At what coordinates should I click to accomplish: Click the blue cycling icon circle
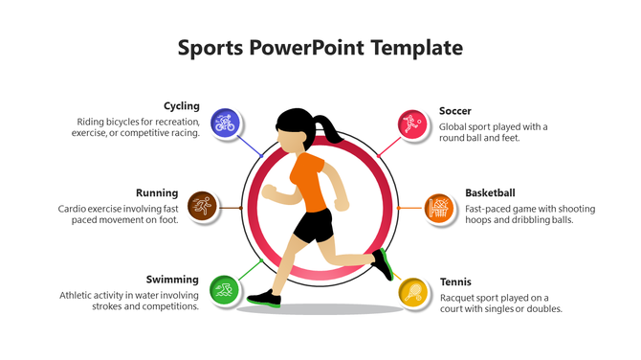(225, 123)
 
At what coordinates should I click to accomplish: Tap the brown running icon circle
(201, 206)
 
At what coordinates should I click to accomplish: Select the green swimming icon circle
(224, 289)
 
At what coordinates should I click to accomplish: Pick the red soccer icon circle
(412, 123)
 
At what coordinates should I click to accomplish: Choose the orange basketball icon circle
(438, 206)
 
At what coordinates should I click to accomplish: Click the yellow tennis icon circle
(412, 289)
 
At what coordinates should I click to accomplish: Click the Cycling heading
(182, 106)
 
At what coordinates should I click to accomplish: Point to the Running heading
(157, 192)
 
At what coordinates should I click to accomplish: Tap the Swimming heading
(172, 280)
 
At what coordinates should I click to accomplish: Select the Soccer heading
(455, 111)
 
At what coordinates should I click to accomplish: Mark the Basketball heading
(490, 192)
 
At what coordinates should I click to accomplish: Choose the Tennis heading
(455, 282)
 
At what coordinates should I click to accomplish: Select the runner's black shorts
(313, 227)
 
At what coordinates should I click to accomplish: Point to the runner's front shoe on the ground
(265, 300)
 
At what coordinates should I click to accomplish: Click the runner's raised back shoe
(384, 263)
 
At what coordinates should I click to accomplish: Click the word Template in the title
(417, 48)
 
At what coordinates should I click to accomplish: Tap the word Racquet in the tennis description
(459, 297)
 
